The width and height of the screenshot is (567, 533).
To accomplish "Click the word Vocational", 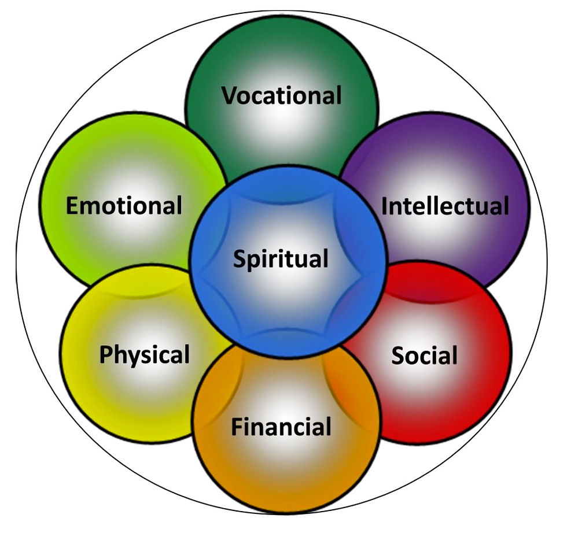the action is click(282, 95).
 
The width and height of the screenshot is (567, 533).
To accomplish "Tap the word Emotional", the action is click(124, 205).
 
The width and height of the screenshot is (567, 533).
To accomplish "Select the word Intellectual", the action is click(445, 206).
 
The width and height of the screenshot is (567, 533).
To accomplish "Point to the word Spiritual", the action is click(281, 258).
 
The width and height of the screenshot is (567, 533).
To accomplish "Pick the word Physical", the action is click(144, 354).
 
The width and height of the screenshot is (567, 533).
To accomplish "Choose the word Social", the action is click(424, 355).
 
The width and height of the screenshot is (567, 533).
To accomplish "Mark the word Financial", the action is click(281, 427).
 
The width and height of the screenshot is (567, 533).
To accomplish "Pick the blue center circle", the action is click(288, 301).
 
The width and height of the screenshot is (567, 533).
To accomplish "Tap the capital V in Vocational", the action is click(229, 95).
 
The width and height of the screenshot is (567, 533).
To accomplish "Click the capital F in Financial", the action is click(236, 427).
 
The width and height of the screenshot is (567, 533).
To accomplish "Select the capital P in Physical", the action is click(105, 354).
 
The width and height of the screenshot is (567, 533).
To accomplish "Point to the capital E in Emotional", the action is click(72, 205).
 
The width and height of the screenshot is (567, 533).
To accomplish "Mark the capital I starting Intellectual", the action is click(385, 206).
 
